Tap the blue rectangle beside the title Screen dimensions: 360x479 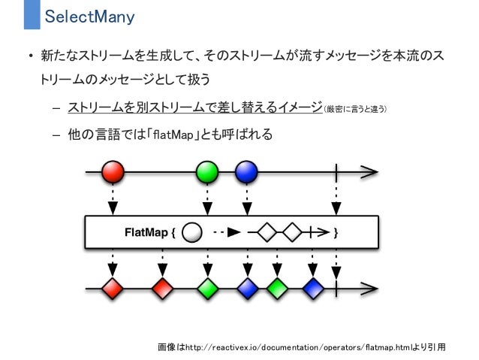click(32, 15)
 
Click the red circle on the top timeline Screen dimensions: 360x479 click(113, 172)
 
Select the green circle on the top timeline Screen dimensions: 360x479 click(207, 172)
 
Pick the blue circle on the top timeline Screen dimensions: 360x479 click(246, 172)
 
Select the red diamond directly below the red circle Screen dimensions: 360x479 click(113, 287)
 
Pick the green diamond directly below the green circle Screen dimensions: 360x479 click(207, 287)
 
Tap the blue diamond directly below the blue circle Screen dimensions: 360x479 click(247, 287)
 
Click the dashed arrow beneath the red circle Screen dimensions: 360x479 click(113, 200)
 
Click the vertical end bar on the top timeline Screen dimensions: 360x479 click(336, 172)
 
